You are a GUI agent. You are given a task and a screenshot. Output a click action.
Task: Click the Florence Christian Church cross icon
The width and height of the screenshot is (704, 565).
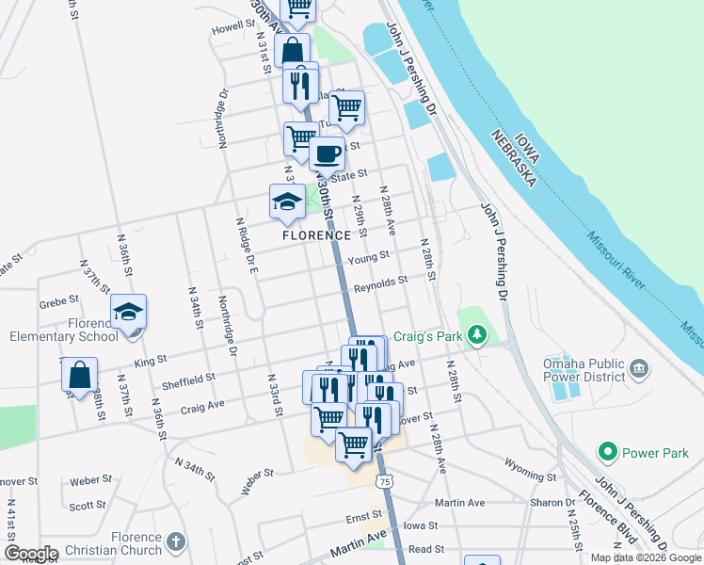176,541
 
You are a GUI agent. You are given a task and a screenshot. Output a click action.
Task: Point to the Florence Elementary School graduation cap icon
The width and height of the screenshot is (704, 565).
129,312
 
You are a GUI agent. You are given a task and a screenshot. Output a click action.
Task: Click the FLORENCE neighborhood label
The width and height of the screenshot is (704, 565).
317,235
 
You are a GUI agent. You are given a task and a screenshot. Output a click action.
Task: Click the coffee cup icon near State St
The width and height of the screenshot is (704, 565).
327,153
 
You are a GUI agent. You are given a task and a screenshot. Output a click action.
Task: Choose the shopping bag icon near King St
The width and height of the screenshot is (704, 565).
80,374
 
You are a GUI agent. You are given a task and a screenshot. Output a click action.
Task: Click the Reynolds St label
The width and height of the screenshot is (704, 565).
380,281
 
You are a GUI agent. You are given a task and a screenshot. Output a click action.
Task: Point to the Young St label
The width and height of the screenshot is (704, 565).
368,257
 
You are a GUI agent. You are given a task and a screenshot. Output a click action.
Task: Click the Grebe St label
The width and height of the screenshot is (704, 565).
56,304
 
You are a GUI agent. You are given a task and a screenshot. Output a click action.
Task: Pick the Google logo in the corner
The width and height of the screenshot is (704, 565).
31,553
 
